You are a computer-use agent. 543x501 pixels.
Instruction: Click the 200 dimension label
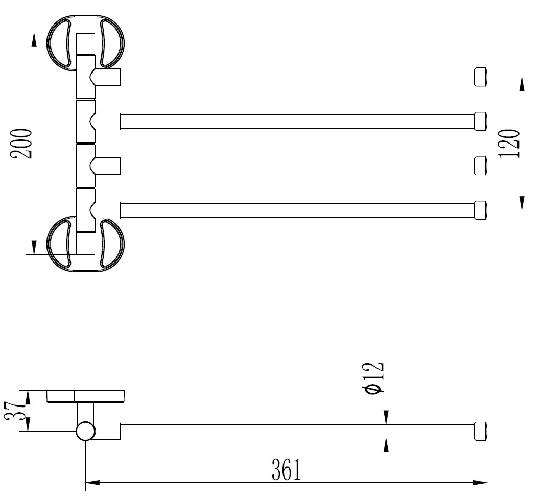[x=21, y=144]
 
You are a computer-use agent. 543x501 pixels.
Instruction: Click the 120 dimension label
[x=509, y=144]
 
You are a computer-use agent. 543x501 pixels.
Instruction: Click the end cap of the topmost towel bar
[x=481, y=77]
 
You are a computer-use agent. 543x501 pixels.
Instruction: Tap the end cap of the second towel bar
[x=481, y=121]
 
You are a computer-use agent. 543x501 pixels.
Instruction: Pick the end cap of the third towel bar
[x=481, y=166]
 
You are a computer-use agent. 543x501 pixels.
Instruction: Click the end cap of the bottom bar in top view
[x=481, y=210]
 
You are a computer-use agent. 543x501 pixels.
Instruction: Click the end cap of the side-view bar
[x=481, y=431]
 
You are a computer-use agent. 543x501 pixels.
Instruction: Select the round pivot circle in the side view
[x=85, y=431]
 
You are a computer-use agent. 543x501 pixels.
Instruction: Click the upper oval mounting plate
[x=85, y=43]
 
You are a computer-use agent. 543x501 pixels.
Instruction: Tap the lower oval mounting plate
[x=85, y=244]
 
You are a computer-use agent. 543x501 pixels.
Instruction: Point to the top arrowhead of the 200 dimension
[x=34, y=40]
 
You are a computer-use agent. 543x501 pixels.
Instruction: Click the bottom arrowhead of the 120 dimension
[x=522, y=203]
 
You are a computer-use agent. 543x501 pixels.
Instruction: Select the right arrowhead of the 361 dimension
[x=480, y=482]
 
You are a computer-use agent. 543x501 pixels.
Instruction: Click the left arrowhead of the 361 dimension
[x=92, y=482]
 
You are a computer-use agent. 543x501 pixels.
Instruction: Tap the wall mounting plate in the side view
[x=85, y=397]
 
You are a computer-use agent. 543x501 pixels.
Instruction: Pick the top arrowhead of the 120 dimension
[x=522, y=84]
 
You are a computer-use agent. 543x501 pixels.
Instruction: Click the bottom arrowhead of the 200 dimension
[x=34, y=248]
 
